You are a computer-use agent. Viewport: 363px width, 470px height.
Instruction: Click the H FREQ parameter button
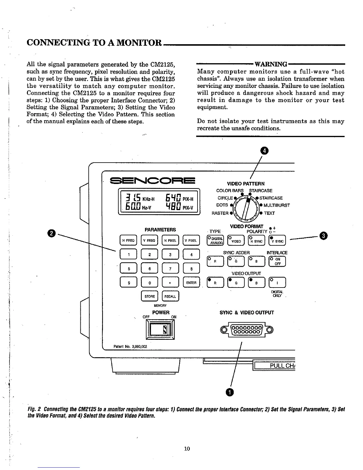(128, 241)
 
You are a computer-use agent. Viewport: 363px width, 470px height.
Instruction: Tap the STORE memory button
(149, 296)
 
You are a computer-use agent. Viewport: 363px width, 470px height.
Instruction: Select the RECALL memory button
(170, 296)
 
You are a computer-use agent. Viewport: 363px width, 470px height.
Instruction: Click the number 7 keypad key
(171, 269)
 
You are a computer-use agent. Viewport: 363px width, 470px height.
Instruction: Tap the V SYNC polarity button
(277, 241)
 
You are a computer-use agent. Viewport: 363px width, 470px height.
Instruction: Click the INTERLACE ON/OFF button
(277, 261)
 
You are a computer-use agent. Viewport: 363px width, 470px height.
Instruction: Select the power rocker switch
(160, 329)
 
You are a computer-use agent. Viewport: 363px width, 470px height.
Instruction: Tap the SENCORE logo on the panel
(152, 181)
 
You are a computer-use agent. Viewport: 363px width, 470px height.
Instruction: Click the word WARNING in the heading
(271, 64)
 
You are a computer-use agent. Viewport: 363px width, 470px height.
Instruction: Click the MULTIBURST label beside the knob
(276, 205)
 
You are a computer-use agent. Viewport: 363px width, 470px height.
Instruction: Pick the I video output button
(277, 282)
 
